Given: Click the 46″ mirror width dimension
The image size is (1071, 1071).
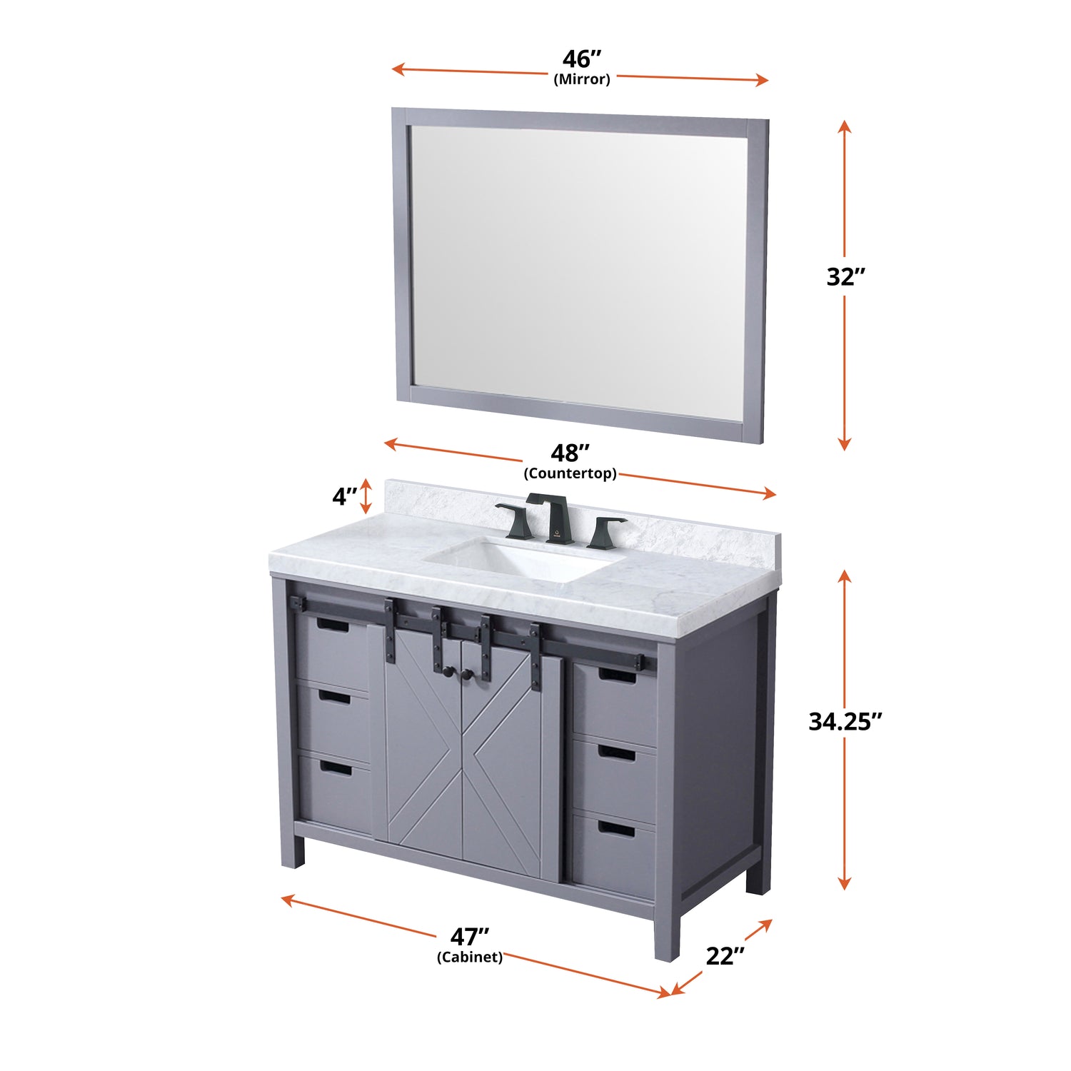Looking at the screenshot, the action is (x=582, y=59).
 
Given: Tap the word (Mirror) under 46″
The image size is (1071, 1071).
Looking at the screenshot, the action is (x=582, y=79).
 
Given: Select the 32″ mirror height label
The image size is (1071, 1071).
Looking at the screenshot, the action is (x=846, y=276).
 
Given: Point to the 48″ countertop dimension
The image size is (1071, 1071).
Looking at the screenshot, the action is (x=570, y=453).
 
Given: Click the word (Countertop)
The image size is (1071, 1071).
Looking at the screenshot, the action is (x=570, y=473).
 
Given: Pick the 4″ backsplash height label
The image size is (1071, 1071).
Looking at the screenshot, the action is (x=345, y=496).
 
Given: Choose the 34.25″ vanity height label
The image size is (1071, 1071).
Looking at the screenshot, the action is (x=845, y=721).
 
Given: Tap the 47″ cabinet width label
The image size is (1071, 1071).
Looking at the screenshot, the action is (x=470, y=936).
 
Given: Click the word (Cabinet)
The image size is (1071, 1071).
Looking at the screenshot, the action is (x=470, y=957).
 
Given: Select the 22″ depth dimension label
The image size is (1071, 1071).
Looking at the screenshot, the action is (x=725, y=956).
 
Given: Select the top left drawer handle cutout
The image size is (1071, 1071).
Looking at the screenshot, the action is (x=332, y=625).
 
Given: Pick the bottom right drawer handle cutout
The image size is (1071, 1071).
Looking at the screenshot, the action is (x=615, y=829).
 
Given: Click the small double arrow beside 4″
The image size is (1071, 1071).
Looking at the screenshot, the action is (x=366, y=496).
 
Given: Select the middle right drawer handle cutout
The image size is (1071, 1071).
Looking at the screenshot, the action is (x=616, y=753).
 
